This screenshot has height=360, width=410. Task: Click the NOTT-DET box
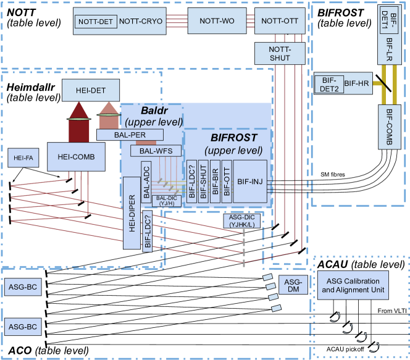pos(95,22)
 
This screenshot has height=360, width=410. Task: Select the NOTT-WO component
pos(216,21)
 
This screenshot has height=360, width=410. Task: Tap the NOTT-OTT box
pos(280,21)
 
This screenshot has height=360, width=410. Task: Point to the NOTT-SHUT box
pos(280,53)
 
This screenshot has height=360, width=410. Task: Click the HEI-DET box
pos(91,91)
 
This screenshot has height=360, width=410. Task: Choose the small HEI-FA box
pos(23,158)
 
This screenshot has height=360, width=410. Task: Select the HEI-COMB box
pos(75,157)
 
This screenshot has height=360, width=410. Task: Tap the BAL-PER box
pos(130,135)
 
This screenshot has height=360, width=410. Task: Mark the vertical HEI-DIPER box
pos(132,212)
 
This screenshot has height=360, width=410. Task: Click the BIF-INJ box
pos(250,181)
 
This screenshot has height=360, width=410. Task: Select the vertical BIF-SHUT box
pos(203,181)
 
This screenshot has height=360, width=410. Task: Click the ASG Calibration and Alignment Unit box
pos(354,285)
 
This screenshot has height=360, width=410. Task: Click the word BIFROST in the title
pos(233,138)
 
